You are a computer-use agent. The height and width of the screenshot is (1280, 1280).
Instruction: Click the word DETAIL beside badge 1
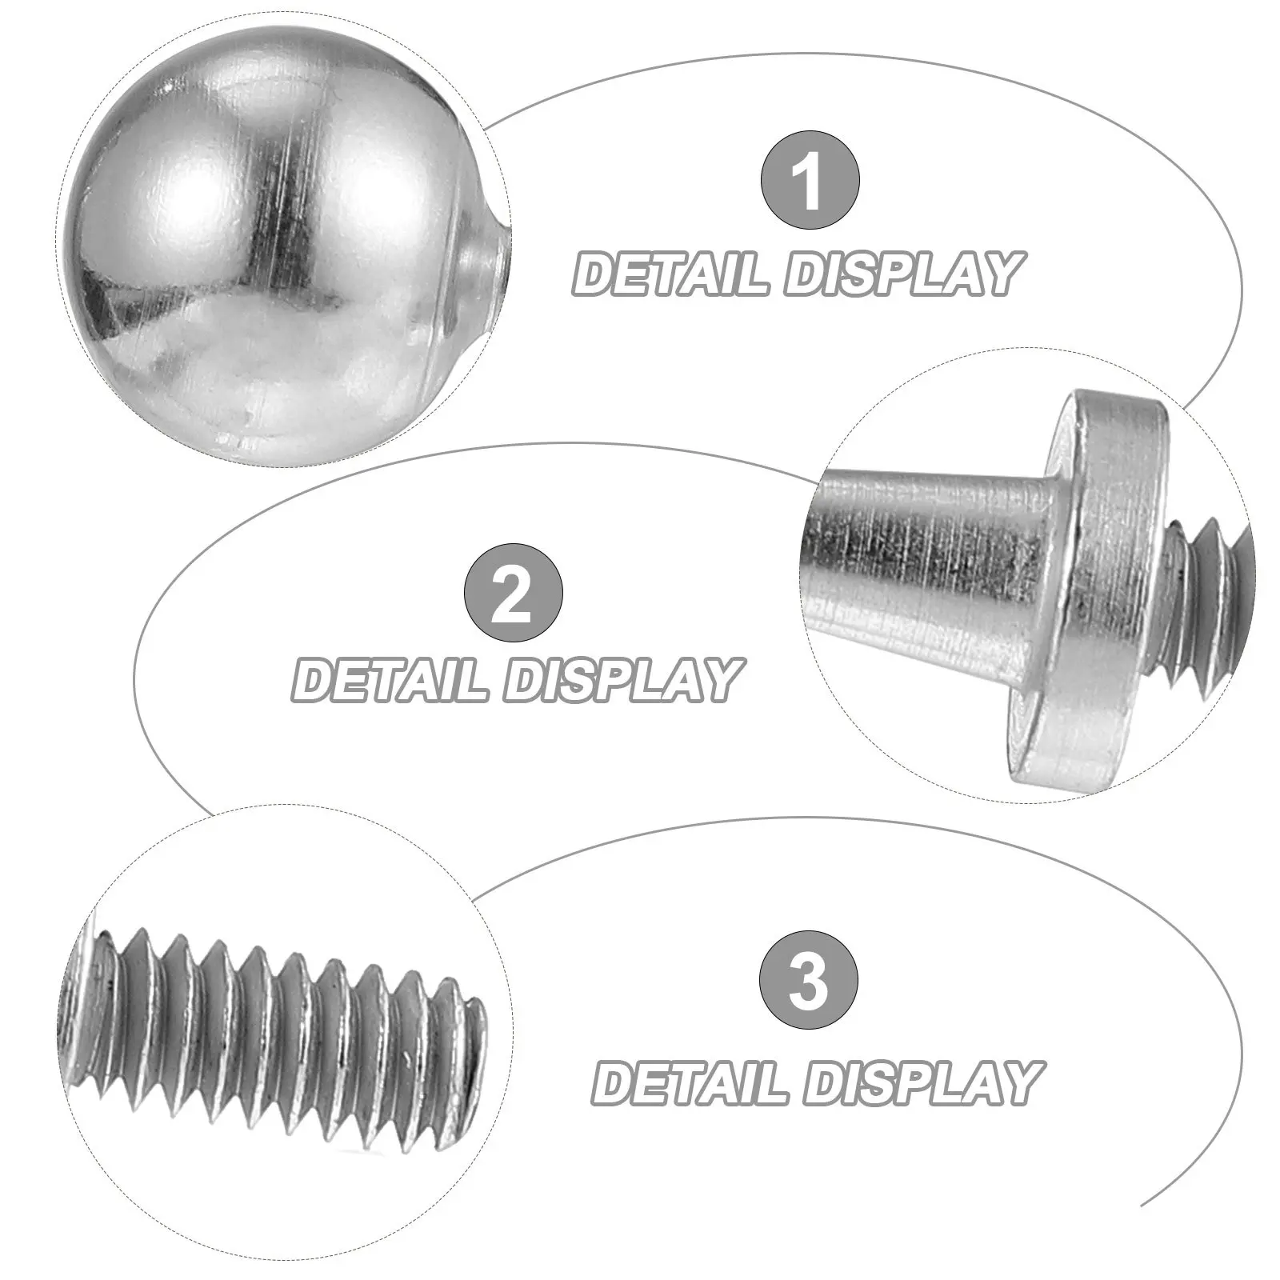pos(673,274)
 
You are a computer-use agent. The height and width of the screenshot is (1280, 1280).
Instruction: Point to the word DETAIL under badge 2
pos(390,680)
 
